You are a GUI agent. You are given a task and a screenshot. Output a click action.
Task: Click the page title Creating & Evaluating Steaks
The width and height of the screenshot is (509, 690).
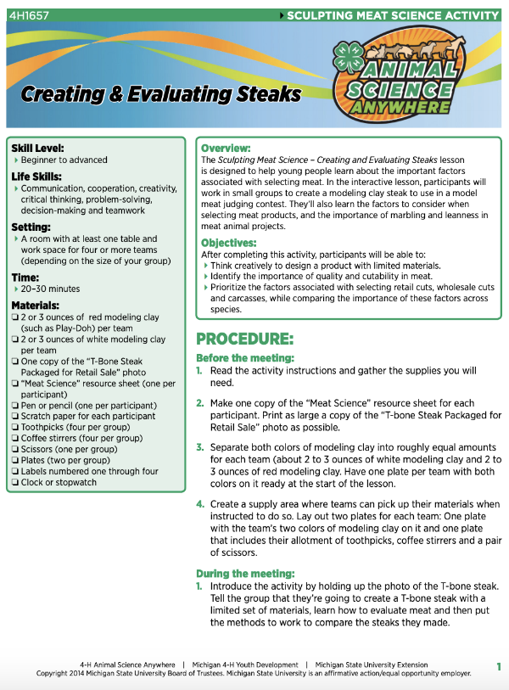point(161,94)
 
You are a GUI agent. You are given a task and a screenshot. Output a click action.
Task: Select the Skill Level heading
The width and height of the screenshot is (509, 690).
point(38,148)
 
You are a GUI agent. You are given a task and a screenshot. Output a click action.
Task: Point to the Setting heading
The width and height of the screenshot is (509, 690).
point(33,227)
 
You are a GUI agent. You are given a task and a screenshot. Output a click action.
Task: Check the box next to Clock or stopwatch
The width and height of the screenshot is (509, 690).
point(15,482)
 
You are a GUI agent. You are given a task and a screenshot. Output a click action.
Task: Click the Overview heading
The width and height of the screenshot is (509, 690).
point(226,148)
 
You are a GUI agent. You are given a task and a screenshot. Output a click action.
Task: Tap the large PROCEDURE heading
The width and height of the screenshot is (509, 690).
point(245,338)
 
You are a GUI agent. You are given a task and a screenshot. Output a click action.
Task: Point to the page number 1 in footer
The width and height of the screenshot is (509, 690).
point(499,666)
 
